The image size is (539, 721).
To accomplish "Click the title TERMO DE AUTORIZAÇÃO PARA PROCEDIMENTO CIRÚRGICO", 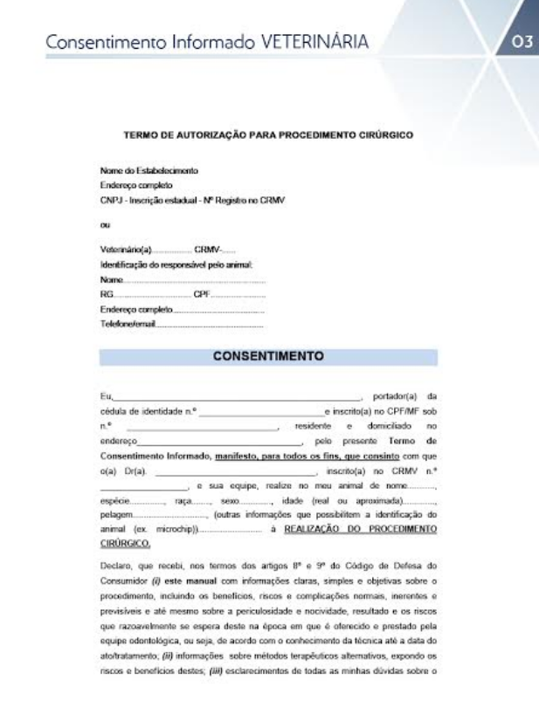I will [269, 135].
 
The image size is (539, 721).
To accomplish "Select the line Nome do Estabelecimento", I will [137, 172].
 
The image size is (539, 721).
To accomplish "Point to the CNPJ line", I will [194, 200].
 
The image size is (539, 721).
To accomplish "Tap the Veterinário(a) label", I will [127, 250].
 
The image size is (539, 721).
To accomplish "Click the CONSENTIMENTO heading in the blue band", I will [269, 355].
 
